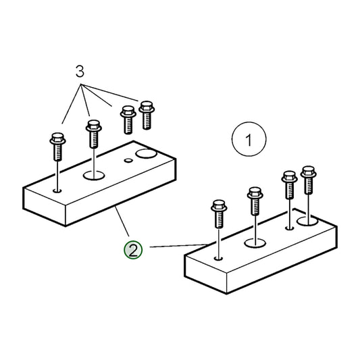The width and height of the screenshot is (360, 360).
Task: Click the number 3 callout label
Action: click(80, 71)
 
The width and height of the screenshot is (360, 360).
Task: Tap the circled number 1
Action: click(249, 139)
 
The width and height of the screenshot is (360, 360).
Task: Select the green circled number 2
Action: click(133, 250)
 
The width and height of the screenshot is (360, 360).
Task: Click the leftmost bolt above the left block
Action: click(58, 147)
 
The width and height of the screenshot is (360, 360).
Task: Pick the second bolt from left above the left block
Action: click(94, 134)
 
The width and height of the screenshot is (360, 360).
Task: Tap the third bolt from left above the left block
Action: click(128, 120)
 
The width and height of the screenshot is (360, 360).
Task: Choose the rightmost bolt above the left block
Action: click(147, 115)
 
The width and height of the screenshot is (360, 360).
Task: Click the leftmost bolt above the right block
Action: click(219, 213)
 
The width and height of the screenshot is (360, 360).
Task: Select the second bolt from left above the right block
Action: click(255, 201)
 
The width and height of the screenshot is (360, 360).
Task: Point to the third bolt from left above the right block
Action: click(290, 185)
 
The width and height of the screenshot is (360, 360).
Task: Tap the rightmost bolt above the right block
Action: click(309, 180)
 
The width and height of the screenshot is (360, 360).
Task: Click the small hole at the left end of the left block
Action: click(57, 190)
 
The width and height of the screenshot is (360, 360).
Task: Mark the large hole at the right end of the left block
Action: click(146, 153)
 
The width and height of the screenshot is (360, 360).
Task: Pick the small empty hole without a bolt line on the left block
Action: click(128, 160)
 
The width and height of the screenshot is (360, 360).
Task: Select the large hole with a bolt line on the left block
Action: click(94, 176)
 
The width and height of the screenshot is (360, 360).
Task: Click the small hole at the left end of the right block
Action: click(219, 258)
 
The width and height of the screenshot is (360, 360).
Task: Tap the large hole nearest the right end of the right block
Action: click(307, 221)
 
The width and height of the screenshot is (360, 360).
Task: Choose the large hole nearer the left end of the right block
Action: click(255, 243)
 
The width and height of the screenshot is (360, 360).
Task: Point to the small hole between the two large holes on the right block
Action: click(290, 228)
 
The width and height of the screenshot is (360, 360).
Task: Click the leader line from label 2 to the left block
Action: click(122, 221)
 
